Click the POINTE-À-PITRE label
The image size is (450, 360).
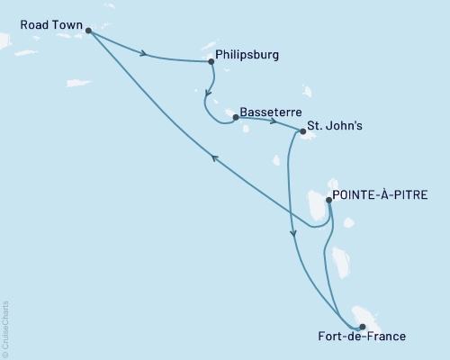point(379,193)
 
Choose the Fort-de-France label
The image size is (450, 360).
point(362,337)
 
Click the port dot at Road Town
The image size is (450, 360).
point(88,31)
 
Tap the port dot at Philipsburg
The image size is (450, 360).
point(211,62)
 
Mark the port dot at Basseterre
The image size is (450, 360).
point(235,117)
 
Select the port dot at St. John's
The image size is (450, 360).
point(302,132)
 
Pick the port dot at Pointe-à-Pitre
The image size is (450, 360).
point(328,202)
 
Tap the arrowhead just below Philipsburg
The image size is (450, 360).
point(209,94)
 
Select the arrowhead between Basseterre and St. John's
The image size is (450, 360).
point(272,120)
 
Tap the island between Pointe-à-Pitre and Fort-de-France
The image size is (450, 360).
point(339,262)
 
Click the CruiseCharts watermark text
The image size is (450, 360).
point(5,328)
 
